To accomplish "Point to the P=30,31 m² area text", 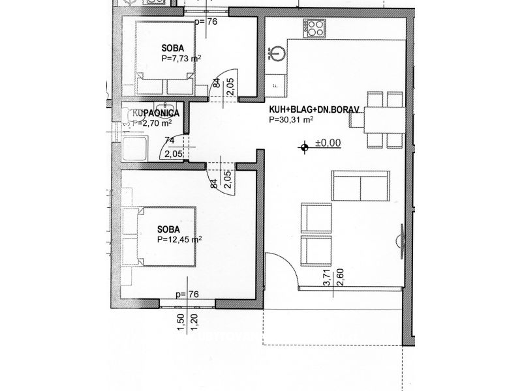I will point(292,120).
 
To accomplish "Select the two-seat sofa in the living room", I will point(360,186).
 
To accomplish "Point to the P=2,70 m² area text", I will point(153,121).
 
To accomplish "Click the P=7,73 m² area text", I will point(181,58).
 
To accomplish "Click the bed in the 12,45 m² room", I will point(163,237).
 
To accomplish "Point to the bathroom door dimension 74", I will point(169,139).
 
